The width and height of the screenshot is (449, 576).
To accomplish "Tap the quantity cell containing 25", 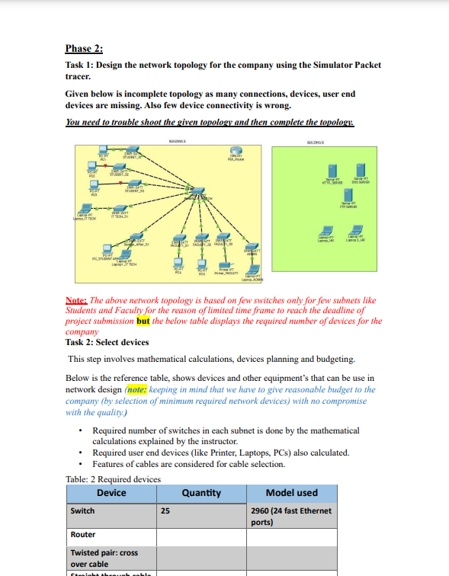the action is pyautogui.click(x=165, y=511).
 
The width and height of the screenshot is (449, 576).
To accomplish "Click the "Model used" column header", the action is pyautogui.click(x=291, y=493).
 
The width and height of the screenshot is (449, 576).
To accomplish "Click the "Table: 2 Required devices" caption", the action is pyautogui.click(x=114, y=479).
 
